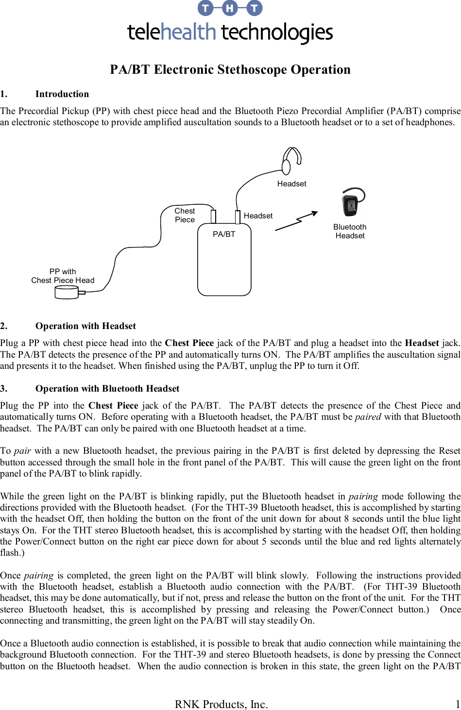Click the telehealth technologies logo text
point(230,33)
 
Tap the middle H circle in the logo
point(230,8)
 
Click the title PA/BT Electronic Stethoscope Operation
point(230,69)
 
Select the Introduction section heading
point(62,94)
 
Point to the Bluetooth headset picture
point(352,202)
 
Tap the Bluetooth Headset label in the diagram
point(350,231)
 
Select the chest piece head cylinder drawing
point(67,292)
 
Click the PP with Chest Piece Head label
point(63,276)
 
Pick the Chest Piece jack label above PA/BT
point(185,215)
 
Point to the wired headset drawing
point(291,160)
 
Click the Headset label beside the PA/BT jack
point(258,215)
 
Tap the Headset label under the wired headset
point(291,183)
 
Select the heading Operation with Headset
point(85,326)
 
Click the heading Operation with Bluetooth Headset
point(107,389)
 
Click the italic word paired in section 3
point(368,417)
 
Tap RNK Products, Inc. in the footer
point(221,704)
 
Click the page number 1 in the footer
point(457,704)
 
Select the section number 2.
point(3,326)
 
